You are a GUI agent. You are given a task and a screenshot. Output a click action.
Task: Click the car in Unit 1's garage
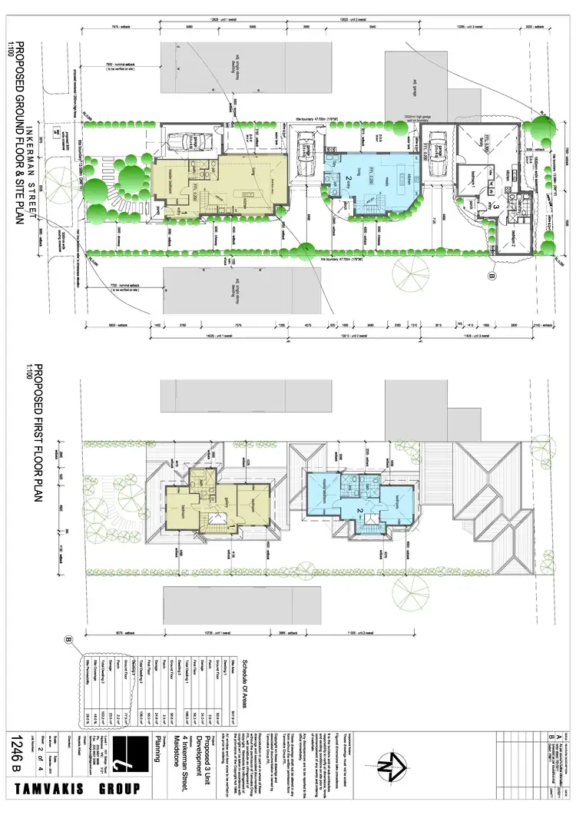(x=183, y=141)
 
